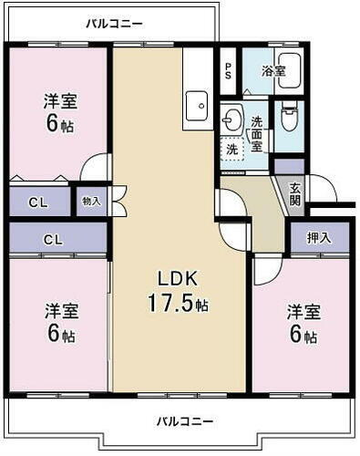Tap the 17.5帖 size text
pos(180,304)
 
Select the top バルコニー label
pos(114,23)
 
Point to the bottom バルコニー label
pos(183,421)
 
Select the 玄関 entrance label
pos(296,194)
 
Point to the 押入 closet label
pos(318,238)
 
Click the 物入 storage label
pos(91,201)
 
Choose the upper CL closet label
pos(38,202)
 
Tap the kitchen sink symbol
pos(197,108)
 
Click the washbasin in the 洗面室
pos(232,120)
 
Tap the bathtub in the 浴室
pos(289,73)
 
